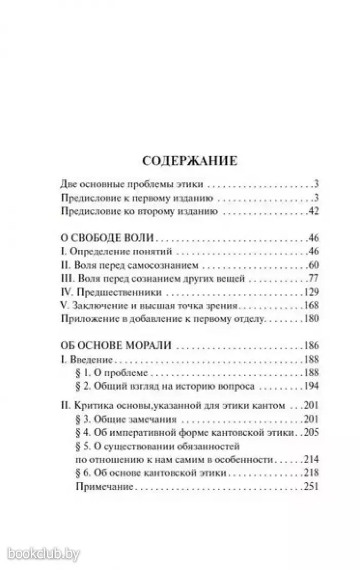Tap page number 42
point(313,212)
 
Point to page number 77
point(313,279)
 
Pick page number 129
point(311,292)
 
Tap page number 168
point(311,306)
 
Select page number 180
point(311,319)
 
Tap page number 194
point(311,386)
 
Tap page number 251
point(311,486)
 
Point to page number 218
point(311,472)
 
